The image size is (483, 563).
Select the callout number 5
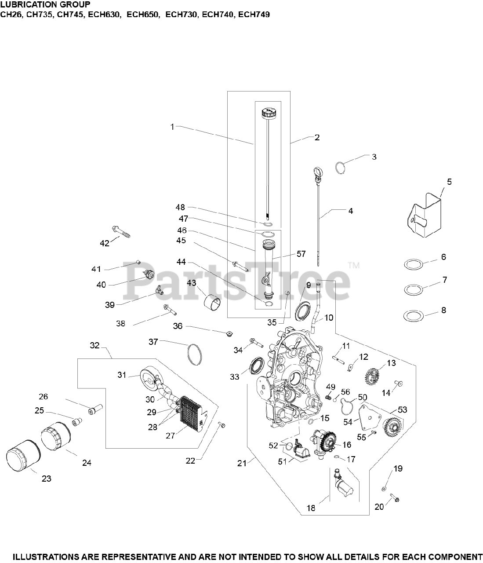pyautogui.click(x=449, y=181)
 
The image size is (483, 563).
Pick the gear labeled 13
pyautogui.click(x=372, y=376)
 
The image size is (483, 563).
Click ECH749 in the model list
pyautogui.click(x=254, y=15)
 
